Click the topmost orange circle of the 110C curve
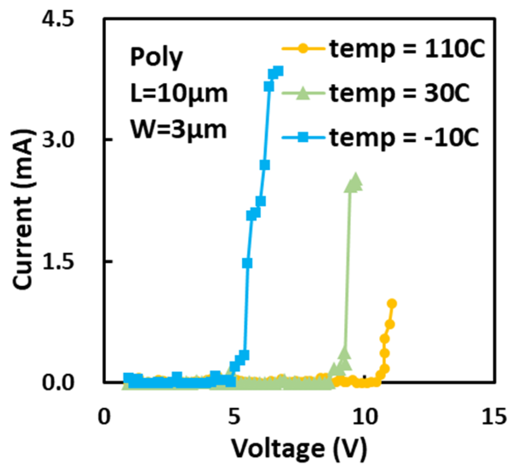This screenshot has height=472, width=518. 392,303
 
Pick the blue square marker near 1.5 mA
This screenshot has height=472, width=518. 247,263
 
